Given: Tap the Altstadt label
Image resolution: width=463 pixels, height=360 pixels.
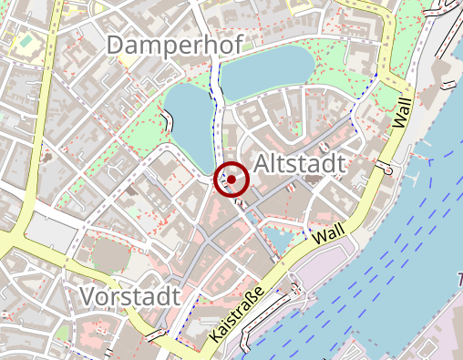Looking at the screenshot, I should click(x=300, y=163).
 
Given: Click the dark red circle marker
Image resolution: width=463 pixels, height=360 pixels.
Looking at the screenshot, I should click(x=231, y=180).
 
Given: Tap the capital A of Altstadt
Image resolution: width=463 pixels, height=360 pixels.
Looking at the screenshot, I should click(x=264, y=163).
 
